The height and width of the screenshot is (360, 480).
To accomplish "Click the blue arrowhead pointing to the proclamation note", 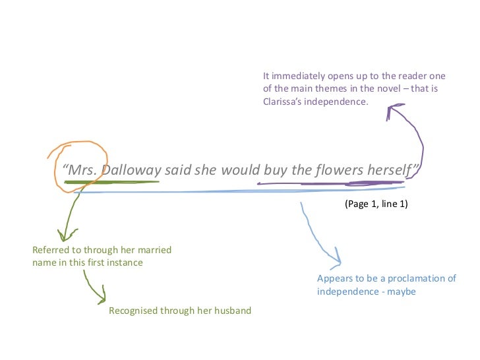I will [x=337, y=256].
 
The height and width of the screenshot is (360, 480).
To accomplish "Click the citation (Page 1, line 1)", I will [x=376, y=204].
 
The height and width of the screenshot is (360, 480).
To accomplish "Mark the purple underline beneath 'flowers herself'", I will [x=330, y=183].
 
